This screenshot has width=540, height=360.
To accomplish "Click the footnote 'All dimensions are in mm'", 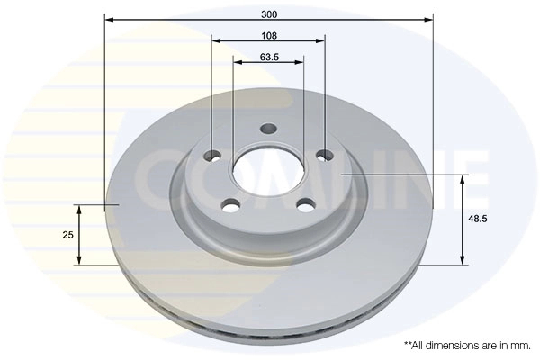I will tap(467, 345).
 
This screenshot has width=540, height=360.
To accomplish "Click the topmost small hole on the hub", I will tap(267, 129).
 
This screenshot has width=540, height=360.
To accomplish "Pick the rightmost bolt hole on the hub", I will tap(326, 155).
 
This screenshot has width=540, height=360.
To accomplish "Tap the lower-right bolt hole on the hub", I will tap(303, 203).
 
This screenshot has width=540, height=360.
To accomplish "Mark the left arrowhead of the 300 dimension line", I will tap(109, 18).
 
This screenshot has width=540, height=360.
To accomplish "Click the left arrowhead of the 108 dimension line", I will tap(216, 40).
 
